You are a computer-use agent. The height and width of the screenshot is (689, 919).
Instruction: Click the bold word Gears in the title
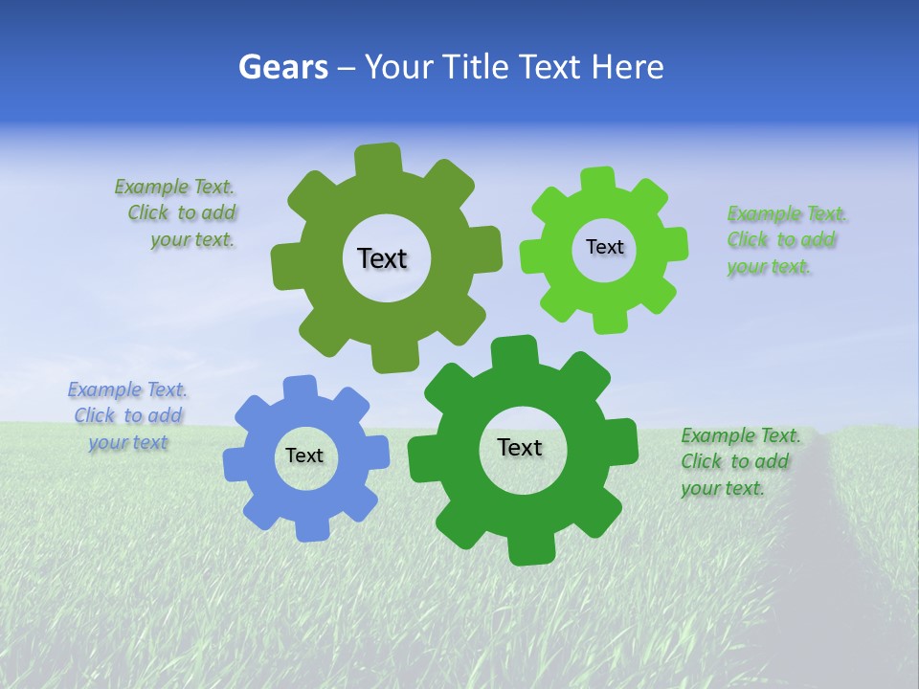(x=282, y=67)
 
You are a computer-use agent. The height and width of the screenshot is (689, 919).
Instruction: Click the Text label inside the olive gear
(x=382, y=258)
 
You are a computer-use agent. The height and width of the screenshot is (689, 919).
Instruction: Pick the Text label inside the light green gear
(x=604, y=247)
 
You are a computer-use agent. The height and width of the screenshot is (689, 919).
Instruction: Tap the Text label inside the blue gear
(x=304, y=456)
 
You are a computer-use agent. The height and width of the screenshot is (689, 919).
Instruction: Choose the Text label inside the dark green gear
(x=520, y=447)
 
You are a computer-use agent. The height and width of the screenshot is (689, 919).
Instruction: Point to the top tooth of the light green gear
(x=598, y=179)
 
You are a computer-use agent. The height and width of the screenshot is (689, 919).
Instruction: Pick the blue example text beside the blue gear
(x=127, y=416)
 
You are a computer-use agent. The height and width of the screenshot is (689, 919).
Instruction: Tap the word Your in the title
(x=403, y=67)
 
